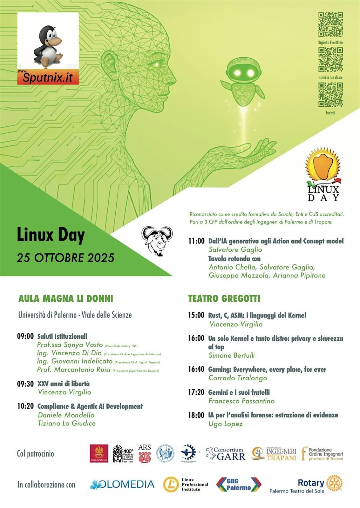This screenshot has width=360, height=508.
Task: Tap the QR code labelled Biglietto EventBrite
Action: point(330,25)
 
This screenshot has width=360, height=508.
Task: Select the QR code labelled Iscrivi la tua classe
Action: point(330,60)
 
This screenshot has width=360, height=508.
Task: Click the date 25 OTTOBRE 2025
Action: point(65,258)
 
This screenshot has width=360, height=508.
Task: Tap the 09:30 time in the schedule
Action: point(25,384)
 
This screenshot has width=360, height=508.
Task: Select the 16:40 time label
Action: point(196,370)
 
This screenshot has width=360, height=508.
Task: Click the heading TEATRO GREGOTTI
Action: point(224,299)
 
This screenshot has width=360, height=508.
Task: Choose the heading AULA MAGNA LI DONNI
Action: point(66,299)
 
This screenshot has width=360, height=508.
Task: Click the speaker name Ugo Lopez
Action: point(226,424)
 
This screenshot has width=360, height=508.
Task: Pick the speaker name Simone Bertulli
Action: point(232,355)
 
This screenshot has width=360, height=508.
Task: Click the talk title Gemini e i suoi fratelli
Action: point(239,392)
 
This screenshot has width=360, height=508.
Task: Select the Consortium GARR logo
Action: point(226,454)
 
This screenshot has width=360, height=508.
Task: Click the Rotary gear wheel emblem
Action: point(334,483)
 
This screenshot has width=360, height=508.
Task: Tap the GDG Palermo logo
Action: point(239,485)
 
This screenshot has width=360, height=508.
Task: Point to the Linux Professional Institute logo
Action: point(186,485)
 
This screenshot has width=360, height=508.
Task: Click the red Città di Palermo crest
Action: point(99,453)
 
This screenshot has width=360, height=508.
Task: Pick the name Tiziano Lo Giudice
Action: point(67,423)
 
